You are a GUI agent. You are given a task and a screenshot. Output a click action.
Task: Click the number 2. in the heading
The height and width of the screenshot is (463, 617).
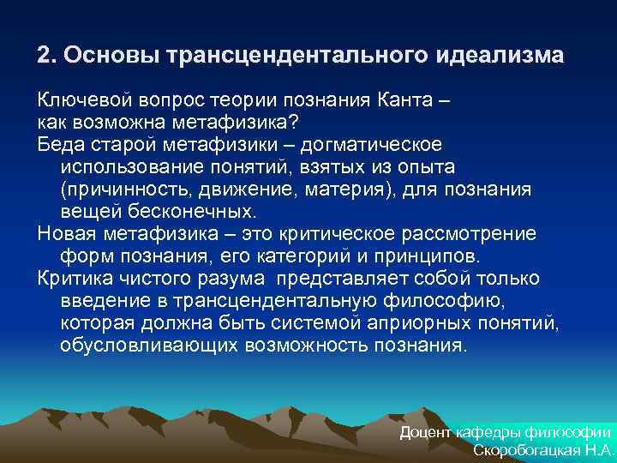point(45,57)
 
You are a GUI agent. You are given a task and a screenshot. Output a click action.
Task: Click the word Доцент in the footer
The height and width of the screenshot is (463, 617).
point(427,432)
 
